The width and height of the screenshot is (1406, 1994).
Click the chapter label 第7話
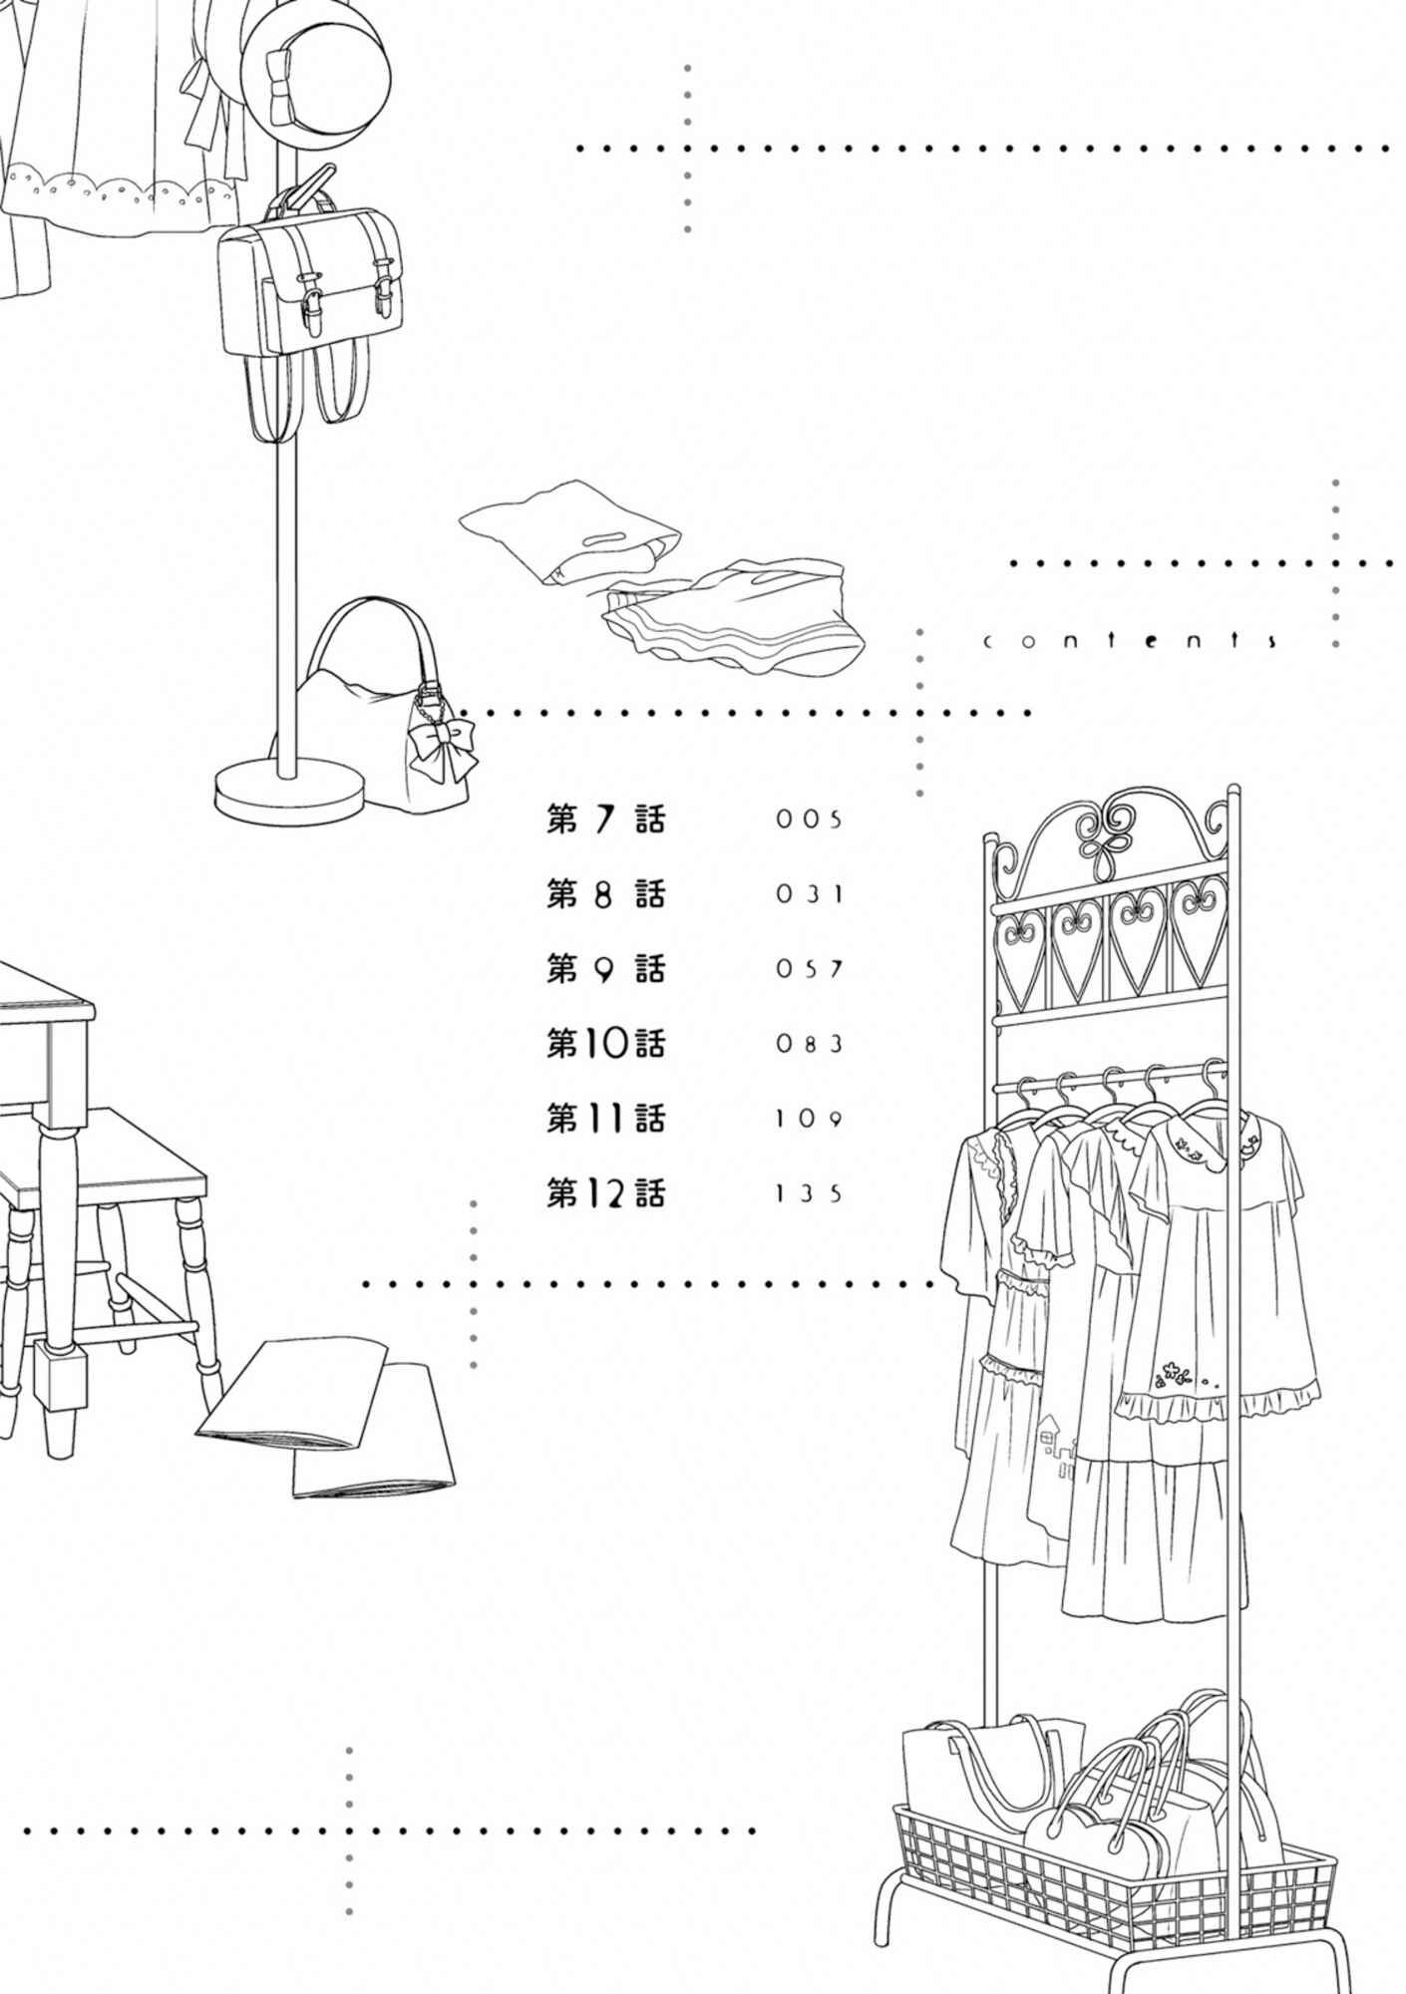(605, 820)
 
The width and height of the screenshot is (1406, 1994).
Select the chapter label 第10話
(605, 1044)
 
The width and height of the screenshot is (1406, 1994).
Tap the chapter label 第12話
(605, 1193)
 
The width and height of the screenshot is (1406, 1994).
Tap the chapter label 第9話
(605, 969)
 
